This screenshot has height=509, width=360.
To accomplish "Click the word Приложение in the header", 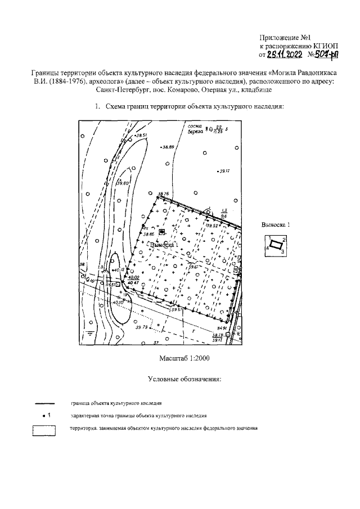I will tap(286, 37).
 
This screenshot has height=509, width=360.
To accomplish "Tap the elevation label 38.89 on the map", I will tap(168, 147).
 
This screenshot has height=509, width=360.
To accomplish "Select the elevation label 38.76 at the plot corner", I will tap(164, 193).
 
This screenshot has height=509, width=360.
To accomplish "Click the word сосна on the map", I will tap(195, 127).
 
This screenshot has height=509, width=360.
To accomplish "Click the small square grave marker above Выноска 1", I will tap(162, 231).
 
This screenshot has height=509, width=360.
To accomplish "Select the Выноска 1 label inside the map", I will tap(164, 245).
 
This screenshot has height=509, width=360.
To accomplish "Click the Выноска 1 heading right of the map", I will tap(276, 224).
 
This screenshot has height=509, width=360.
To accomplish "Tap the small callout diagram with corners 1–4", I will tap(276, 245).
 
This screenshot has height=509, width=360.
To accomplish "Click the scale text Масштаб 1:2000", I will tap(185, 358).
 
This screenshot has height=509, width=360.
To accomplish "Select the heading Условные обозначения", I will tap(184, 379).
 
